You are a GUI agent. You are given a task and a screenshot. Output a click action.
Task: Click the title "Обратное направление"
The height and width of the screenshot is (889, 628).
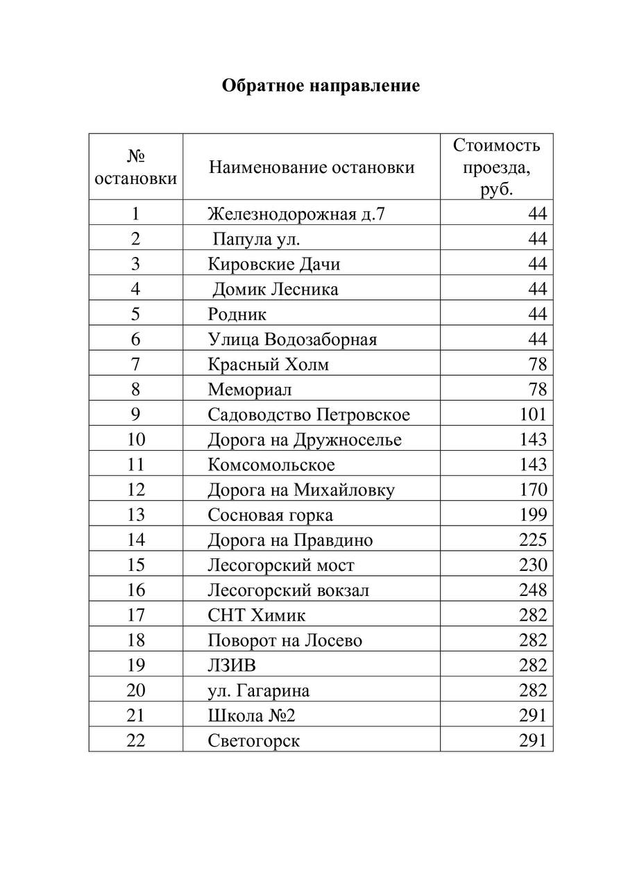click(x=321, y=86)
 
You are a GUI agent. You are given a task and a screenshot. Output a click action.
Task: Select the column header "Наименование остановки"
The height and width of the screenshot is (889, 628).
click(x=312, y=167)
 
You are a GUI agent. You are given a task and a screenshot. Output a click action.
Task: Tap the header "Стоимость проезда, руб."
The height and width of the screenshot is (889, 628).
click(x=496, y=167)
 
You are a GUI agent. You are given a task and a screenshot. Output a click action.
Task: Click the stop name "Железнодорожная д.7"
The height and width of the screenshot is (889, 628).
click(x=296, y=213)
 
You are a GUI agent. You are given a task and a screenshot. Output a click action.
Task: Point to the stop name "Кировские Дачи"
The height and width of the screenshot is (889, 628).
click(x=274, y=264)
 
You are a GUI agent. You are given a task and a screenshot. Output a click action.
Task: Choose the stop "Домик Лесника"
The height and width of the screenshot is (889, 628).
click(x=275, y=289)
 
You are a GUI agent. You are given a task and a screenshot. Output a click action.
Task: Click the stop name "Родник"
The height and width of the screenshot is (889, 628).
click(x=237, y=314)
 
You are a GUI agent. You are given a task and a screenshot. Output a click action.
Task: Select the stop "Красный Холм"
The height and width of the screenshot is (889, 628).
click(x=269, y=364)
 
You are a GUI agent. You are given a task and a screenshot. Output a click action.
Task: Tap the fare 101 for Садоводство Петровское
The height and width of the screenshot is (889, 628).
click(x=533, y=415)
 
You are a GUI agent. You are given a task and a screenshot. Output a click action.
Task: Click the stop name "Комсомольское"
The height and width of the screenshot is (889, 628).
click(x=271, y=465)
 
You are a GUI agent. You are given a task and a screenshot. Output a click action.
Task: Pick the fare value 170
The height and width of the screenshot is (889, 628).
click(x=533, y=490)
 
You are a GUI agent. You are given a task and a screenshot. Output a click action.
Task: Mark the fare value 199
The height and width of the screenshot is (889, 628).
click(x=533, y=515)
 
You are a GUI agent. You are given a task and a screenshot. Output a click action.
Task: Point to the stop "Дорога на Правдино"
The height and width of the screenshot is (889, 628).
click(x=290, y=540)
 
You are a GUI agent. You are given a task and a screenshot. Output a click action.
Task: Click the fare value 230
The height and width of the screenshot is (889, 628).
click(x=533, y=565)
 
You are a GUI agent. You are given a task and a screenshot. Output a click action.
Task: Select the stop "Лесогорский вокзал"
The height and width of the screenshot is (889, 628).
click(x=288, y=590)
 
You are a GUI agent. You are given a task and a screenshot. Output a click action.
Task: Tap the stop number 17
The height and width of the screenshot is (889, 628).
click(x=136, y=615)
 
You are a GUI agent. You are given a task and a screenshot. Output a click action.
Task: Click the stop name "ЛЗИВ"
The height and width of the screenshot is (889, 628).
click(x=232, y=665)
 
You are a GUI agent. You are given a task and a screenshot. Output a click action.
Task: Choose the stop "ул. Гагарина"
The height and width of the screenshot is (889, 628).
click(x=259, y=690)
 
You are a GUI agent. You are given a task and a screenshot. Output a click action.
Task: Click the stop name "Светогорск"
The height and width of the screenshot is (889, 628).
click(x=254, y=740)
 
